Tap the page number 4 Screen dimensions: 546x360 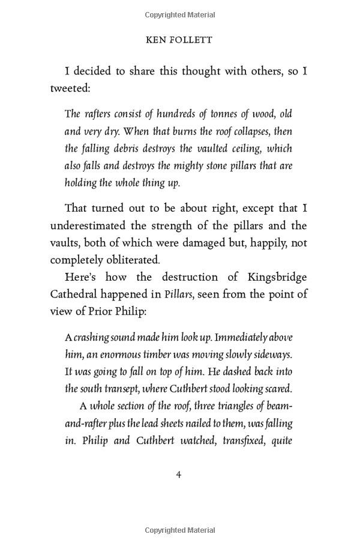point(178,475)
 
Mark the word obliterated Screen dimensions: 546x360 point(130,260)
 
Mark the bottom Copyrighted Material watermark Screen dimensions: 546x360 point(179,530)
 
